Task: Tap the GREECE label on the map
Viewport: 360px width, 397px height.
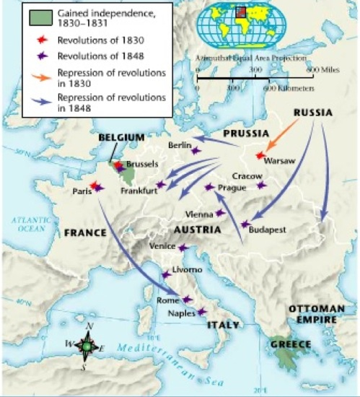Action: point(290,344)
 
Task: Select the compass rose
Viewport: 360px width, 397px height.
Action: point(87,347)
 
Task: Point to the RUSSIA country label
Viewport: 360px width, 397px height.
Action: point(313,113)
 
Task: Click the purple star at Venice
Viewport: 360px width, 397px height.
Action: point(182,248)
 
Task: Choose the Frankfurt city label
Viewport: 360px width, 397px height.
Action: point(139,191)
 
